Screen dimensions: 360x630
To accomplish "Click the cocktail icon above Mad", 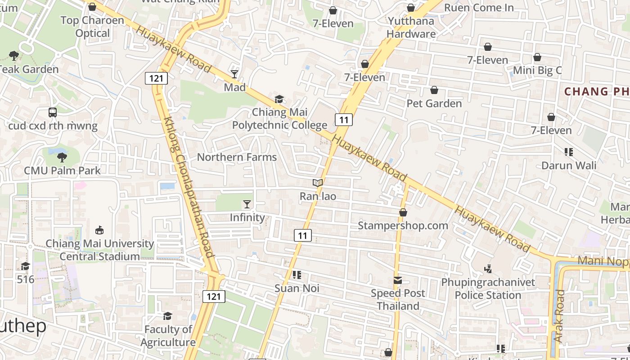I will [x=234, y=74].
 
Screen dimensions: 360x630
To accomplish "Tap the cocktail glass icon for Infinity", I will [x=247, y=204].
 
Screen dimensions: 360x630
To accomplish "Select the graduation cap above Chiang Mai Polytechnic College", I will [x=279, y=99].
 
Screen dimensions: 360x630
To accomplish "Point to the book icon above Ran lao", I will [x=318, y=183].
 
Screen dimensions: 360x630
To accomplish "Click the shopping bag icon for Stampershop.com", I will [x=403, y=212].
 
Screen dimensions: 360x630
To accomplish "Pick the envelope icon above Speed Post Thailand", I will [x=398, y=280].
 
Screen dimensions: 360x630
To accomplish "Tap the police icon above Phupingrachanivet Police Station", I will [x=488, y=269].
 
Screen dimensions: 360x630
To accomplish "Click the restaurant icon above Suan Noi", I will [x=297, y=274].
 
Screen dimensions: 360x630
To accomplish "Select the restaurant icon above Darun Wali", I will [x=569, y=152].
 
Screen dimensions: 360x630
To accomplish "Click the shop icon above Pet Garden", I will [x=434, y=90].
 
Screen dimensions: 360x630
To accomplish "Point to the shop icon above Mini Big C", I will [x=537, y=58].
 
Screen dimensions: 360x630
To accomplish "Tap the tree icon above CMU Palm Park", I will [x=62, y=157].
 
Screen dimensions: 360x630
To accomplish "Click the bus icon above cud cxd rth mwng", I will [x=53, y=112].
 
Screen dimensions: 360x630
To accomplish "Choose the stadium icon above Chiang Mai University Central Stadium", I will [x=99, y=230].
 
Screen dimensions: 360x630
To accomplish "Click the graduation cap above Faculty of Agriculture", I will [x=167, y=316].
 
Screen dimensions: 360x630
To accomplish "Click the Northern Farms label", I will [x=237, y=157].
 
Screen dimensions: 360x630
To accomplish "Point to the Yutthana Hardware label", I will [x=411, y=27].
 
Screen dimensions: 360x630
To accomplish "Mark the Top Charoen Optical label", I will [x=92, y=27].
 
